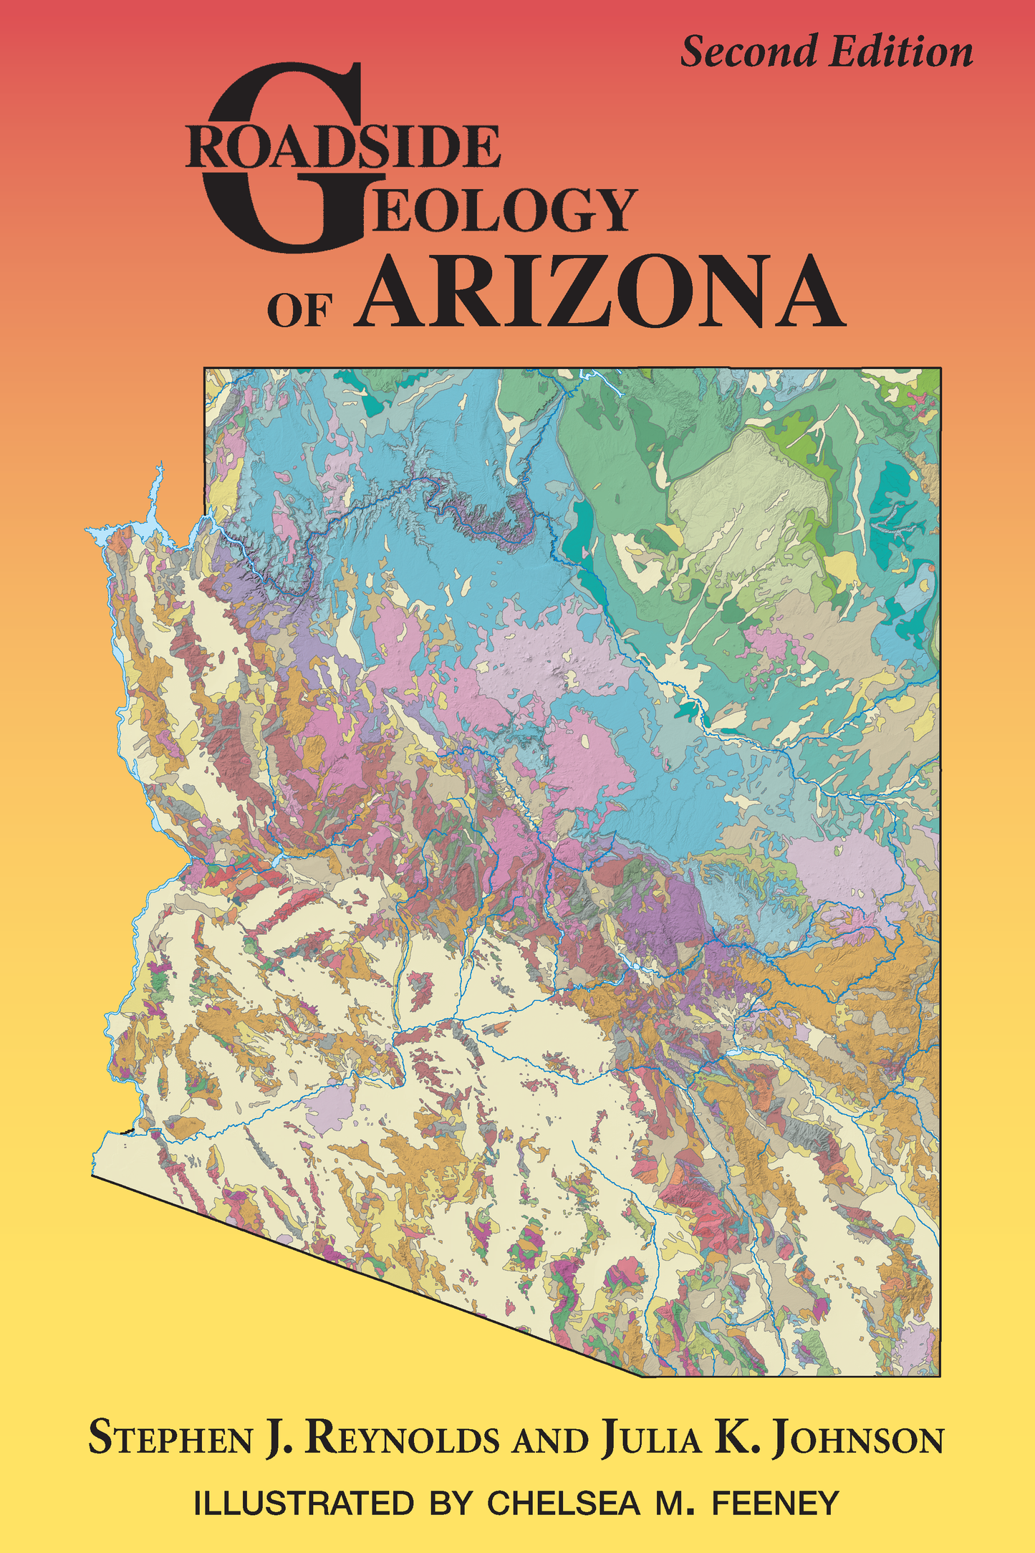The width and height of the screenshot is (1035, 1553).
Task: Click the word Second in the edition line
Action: point(748,53)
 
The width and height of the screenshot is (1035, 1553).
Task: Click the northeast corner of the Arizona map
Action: point(940,368)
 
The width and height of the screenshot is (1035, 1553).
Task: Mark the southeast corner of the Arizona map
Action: point(939,1375)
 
